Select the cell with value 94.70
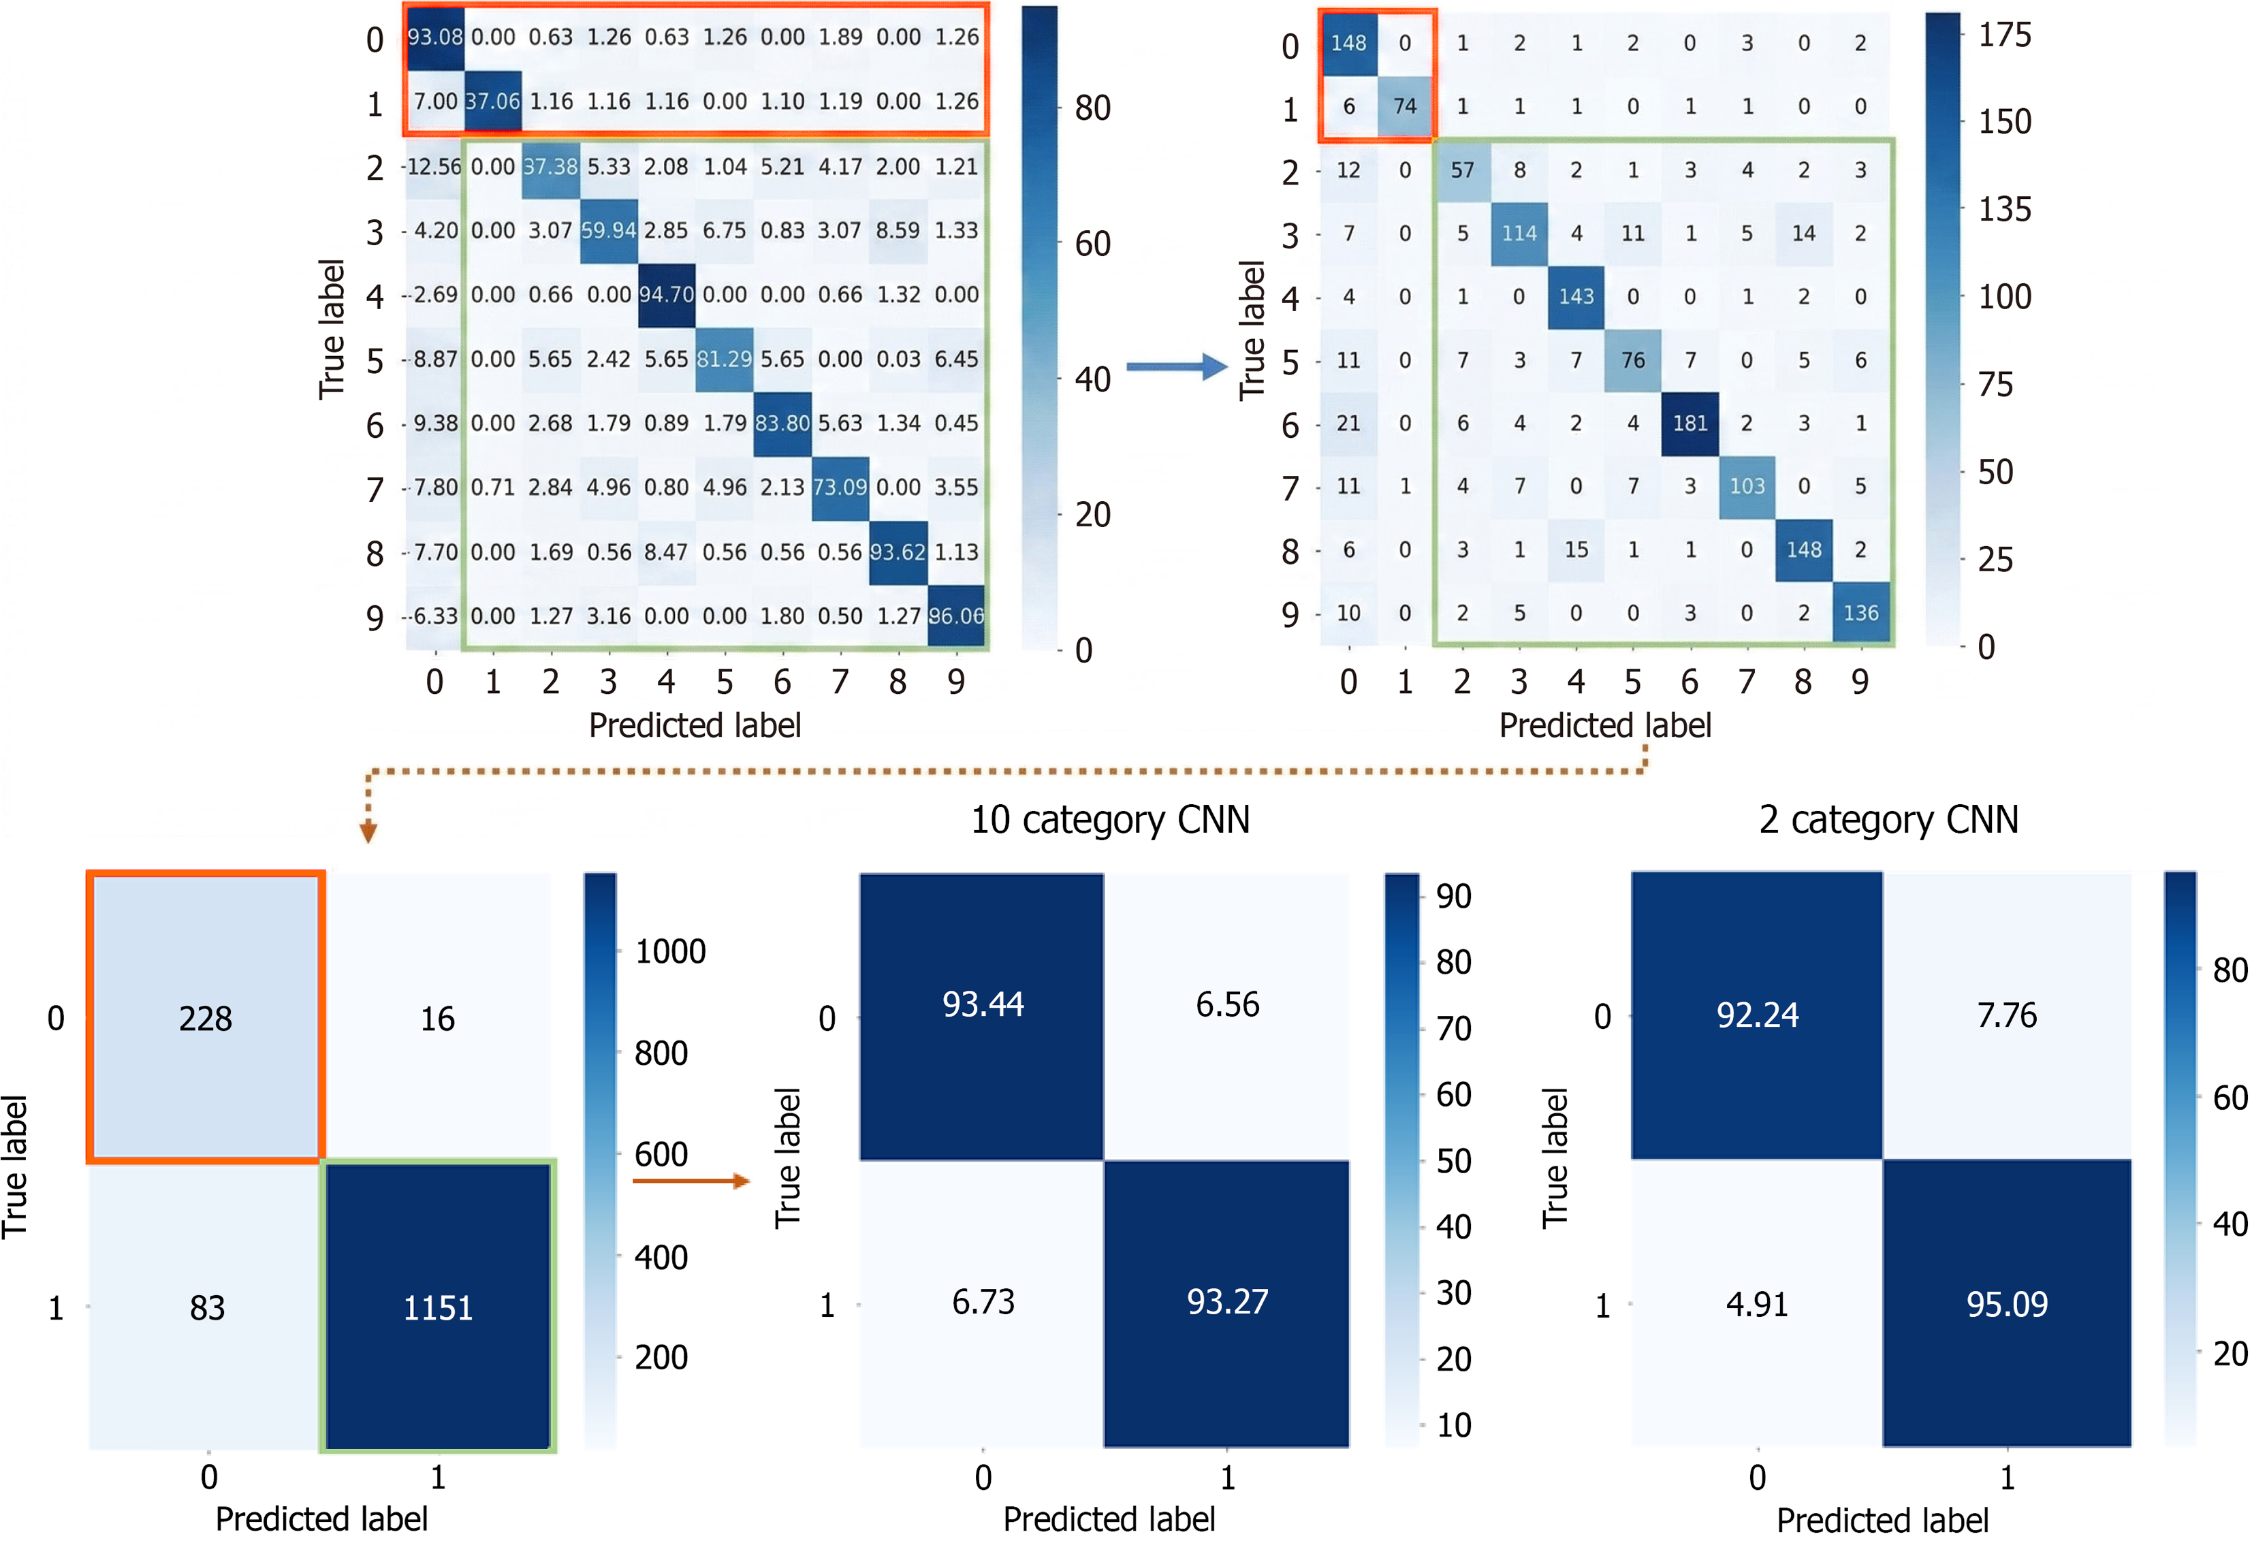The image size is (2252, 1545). (666, 294)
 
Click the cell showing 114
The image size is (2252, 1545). (1519, 234)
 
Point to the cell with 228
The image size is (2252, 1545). (206, 1018)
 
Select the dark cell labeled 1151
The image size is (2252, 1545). (438, 1307)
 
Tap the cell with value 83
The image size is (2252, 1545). (206, 1307)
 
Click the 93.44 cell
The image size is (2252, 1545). (983, 1004)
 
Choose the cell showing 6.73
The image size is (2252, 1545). (983, 1302)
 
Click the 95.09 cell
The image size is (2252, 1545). (2007, 1304)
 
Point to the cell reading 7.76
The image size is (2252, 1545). (2007, 1015)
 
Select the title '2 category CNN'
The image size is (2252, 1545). (1888, 819)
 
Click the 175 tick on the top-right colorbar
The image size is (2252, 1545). (2004, 35)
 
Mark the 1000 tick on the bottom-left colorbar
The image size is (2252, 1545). (669, 951)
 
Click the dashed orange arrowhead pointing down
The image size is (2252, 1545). (368, 831)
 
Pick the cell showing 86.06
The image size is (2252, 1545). (955, 616)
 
